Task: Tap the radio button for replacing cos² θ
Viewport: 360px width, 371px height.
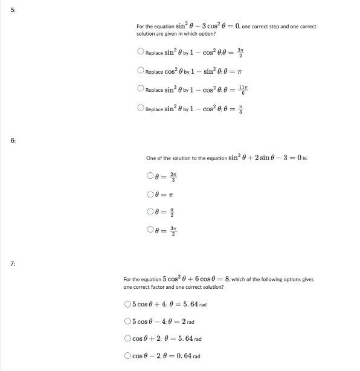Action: (141, 70)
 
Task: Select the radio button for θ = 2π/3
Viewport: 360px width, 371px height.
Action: (150, 177)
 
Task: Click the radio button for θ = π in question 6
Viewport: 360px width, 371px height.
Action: (150, 195)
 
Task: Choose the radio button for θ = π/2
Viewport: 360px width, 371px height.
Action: (150, 213)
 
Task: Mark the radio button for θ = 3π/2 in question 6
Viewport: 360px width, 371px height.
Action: (150, 232)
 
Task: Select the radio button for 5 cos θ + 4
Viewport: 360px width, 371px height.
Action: (127, 304)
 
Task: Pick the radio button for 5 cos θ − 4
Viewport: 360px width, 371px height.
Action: (127, 321)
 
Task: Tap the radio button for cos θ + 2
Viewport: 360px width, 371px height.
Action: (127, 339)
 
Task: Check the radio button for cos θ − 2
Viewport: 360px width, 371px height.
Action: (127, 356)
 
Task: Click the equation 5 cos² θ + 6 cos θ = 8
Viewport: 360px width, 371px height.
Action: (193, 279)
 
